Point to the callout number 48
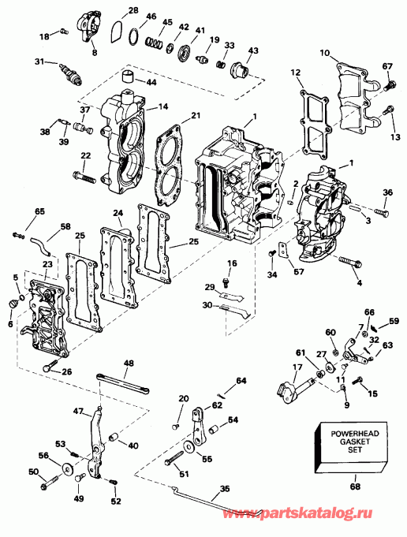pos(129,362)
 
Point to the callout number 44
pos(149,82)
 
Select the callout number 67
pos(386,65)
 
